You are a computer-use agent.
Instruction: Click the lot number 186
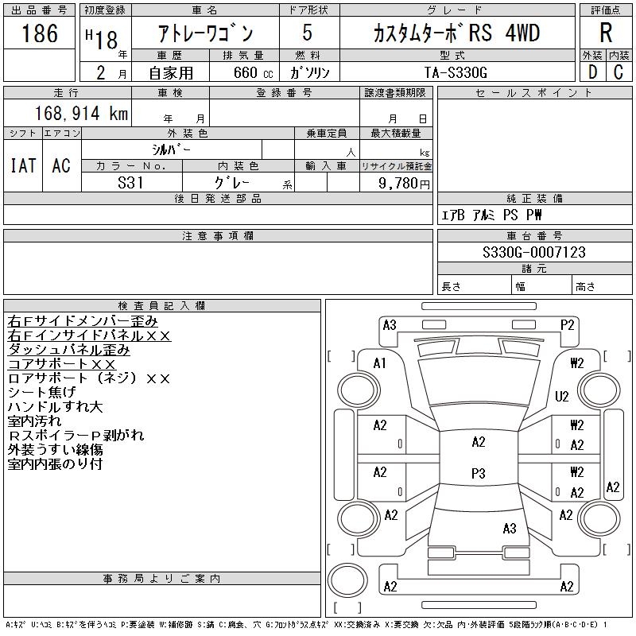(x=41, y=33)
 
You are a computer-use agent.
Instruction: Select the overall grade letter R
(x=606, y=33)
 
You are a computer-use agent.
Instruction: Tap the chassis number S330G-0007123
(x=533, y=252)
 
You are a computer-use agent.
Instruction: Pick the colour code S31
(x=130, y=182)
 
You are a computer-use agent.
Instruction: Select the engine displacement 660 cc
(x=244, y=72)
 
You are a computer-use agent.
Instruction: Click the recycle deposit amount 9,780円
(x=405, y=182)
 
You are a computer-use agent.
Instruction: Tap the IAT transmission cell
(x=23, y=165)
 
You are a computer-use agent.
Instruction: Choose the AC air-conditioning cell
(x=61, y=165)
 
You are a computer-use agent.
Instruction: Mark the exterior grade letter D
(x=592, y=72)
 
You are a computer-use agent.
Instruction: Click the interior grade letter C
(x=618, y=72)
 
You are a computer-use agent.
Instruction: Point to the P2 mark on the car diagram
(x=567, y=324)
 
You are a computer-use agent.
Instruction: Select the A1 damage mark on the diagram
(x=380, y=363)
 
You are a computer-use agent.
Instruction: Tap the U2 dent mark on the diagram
(x=562, y=396)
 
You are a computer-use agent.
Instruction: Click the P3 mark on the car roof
(x=478, y=474)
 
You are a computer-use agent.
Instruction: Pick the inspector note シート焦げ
(x=42, y=392)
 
